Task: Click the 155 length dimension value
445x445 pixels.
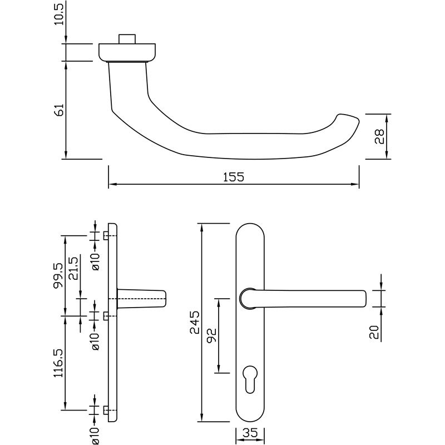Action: pyautogui.click(x=234, y=177)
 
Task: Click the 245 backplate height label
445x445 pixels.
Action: pyautogui.click(x=194, y=322)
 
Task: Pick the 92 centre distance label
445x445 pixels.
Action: pyautogui.click(x=212, y=335)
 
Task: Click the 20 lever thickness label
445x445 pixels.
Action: pyautogui.click(x=374, y=332)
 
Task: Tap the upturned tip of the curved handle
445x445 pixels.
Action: pyautogui.click(x=348, y=119)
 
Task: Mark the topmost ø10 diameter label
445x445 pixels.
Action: pyautogui.click(x=95, y=260)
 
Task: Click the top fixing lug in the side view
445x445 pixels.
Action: pyautogui.click(x=106, y=236)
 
